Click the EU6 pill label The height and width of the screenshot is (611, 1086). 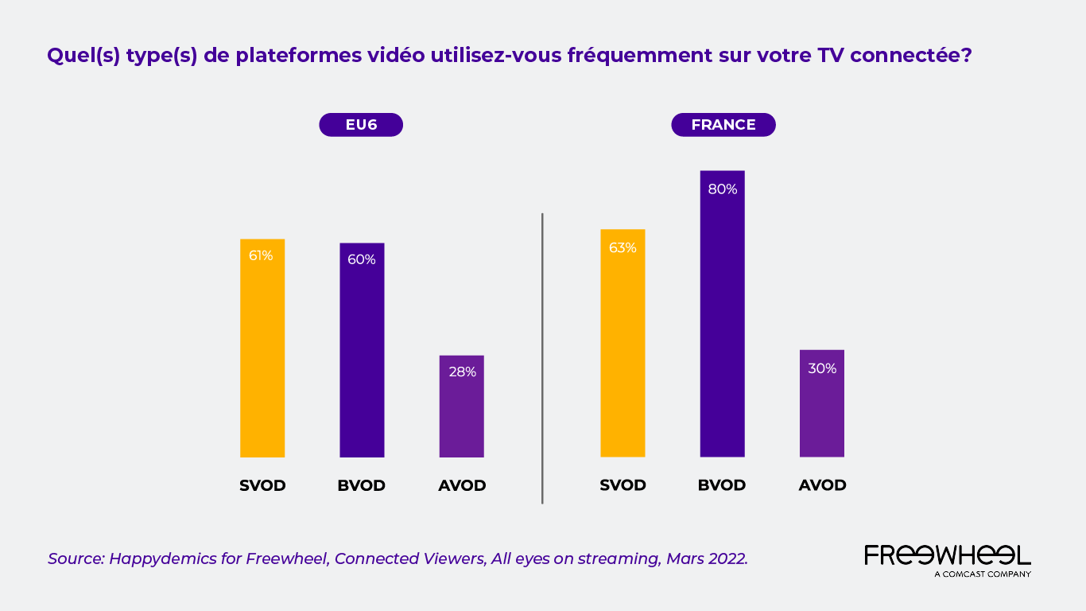click(x=361, y=125)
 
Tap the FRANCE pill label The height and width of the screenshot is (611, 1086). click(x=723, y=125)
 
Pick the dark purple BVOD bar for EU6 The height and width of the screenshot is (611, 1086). click(x=362, y=350)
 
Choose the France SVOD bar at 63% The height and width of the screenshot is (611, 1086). click(x=623, y=343)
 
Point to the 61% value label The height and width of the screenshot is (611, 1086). click(x=261, y=255)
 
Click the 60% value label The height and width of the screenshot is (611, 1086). click(x=361, y=259)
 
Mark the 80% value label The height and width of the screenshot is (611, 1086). click(x=723, y=189)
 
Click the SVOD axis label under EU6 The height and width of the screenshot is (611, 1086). click(x=262, y=485)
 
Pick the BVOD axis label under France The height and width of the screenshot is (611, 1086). click(x=722, y=485)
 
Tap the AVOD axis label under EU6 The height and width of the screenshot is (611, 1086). click(x=462, y=485)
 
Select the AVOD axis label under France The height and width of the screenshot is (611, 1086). click(x=822, y=485)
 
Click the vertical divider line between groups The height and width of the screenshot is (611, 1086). click(x=542, y=358)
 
